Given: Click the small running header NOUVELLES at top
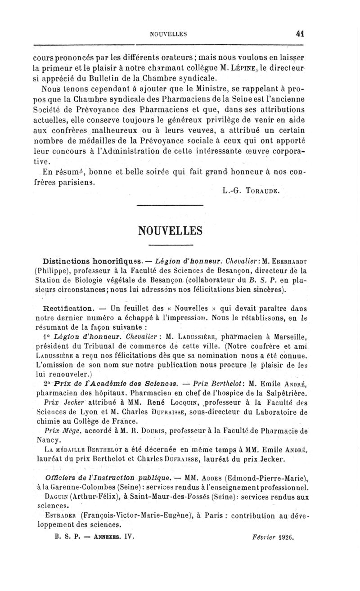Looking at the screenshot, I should point(168,33).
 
